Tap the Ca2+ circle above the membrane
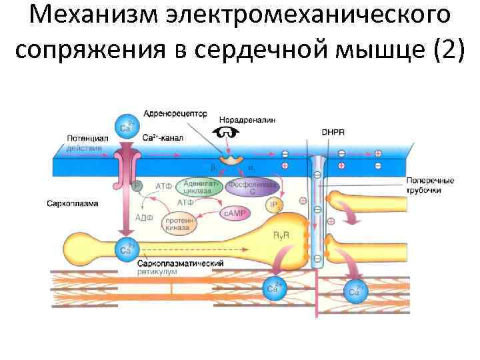click(x=127, y=125)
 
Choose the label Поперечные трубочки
click(x=430, y=185)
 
